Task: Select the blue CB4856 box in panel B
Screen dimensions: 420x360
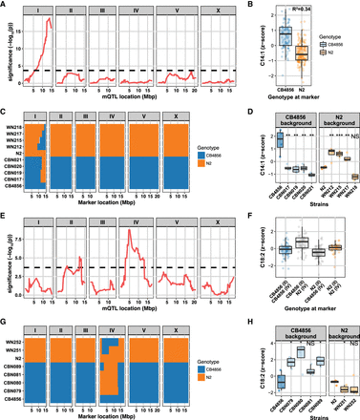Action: coord(257,37)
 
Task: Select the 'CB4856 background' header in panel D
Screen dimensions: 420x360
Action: coord(271,119)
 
